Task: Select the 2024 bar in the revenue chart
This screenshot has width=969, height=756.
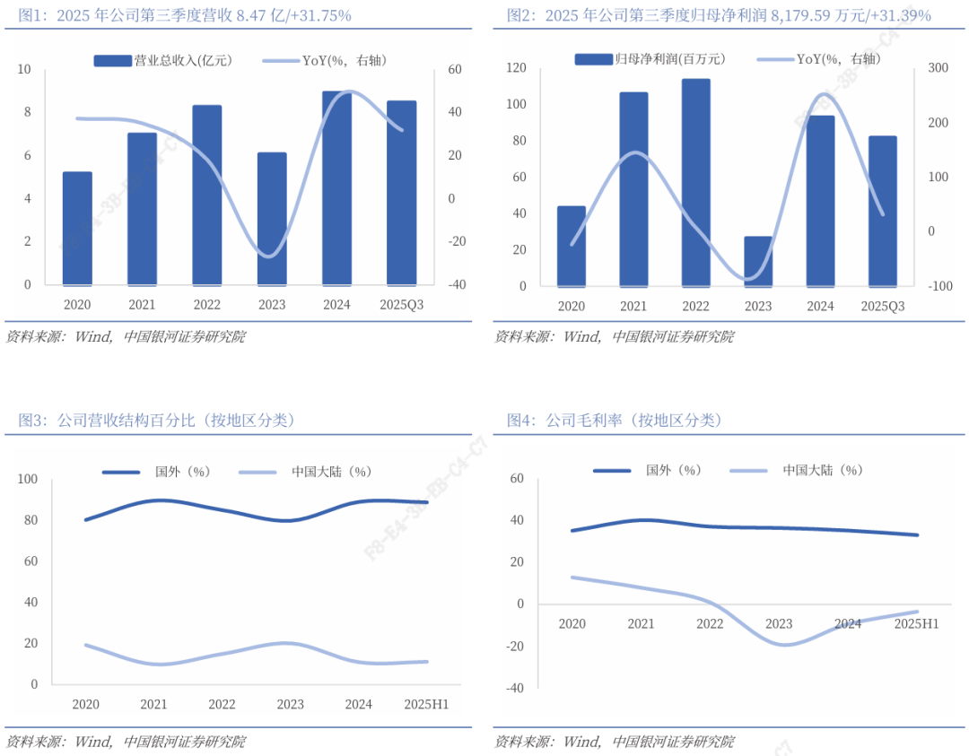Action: (336, 187)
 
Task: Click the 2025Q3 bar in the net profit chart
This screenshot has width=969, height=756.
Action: (882, 211)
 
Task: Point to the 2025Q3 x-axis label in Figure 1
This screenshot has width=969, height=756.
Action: (401, 305)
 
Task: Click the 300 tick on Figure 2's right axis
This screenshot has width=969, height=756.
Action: (938, 68)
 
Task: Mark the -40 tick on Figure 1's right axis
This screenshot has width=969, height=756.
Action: (457, 284)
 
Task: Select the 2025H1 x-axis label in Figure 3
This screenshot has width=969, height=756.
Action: (426, 705)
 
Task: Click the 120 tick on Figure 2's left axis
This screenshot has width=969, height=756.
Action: (515, 68)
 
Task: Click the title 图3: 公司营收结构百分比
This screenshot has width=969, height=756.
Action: (157, 420)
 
